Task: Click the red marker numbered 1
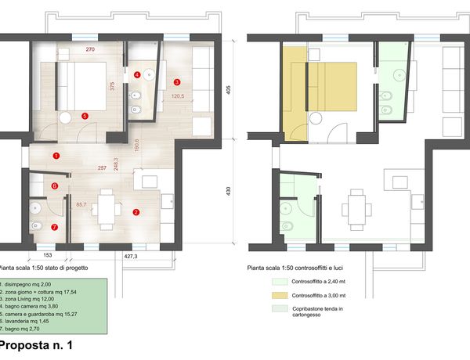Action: [56, 156]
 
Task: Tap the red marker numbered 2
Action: [136, 212]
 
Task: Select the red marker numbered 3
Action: [177, 81]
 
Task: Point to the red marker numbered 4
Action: [137, 74]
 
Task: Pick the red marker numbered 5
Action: [85, 116]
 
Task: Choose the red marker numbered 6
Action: [55, 186]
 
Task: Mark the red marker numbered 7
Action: [54, 227]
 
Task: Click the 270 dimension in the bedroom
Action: [90, 49]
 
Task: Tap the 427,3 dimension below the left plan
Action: [131, 256]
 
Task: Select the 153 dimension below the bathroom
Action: [48, 255]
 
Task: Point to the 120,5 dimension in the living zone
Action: [178, 96]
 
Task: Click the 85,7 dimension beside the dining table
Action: [81, 204]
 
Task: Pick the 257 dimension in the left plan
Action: [102, 168]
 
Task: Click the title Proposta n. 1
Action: [36, 345]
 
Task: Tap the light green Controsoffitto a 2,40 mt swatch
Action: [280, 282]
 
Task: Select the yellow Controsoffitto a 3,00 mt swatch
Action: [280, 295]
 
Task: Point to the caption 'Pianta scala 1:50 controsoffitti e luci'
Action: [295, 268]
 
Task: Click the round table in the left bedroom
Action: [65, 117]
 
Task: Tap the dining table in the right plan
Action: [356, 210]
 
